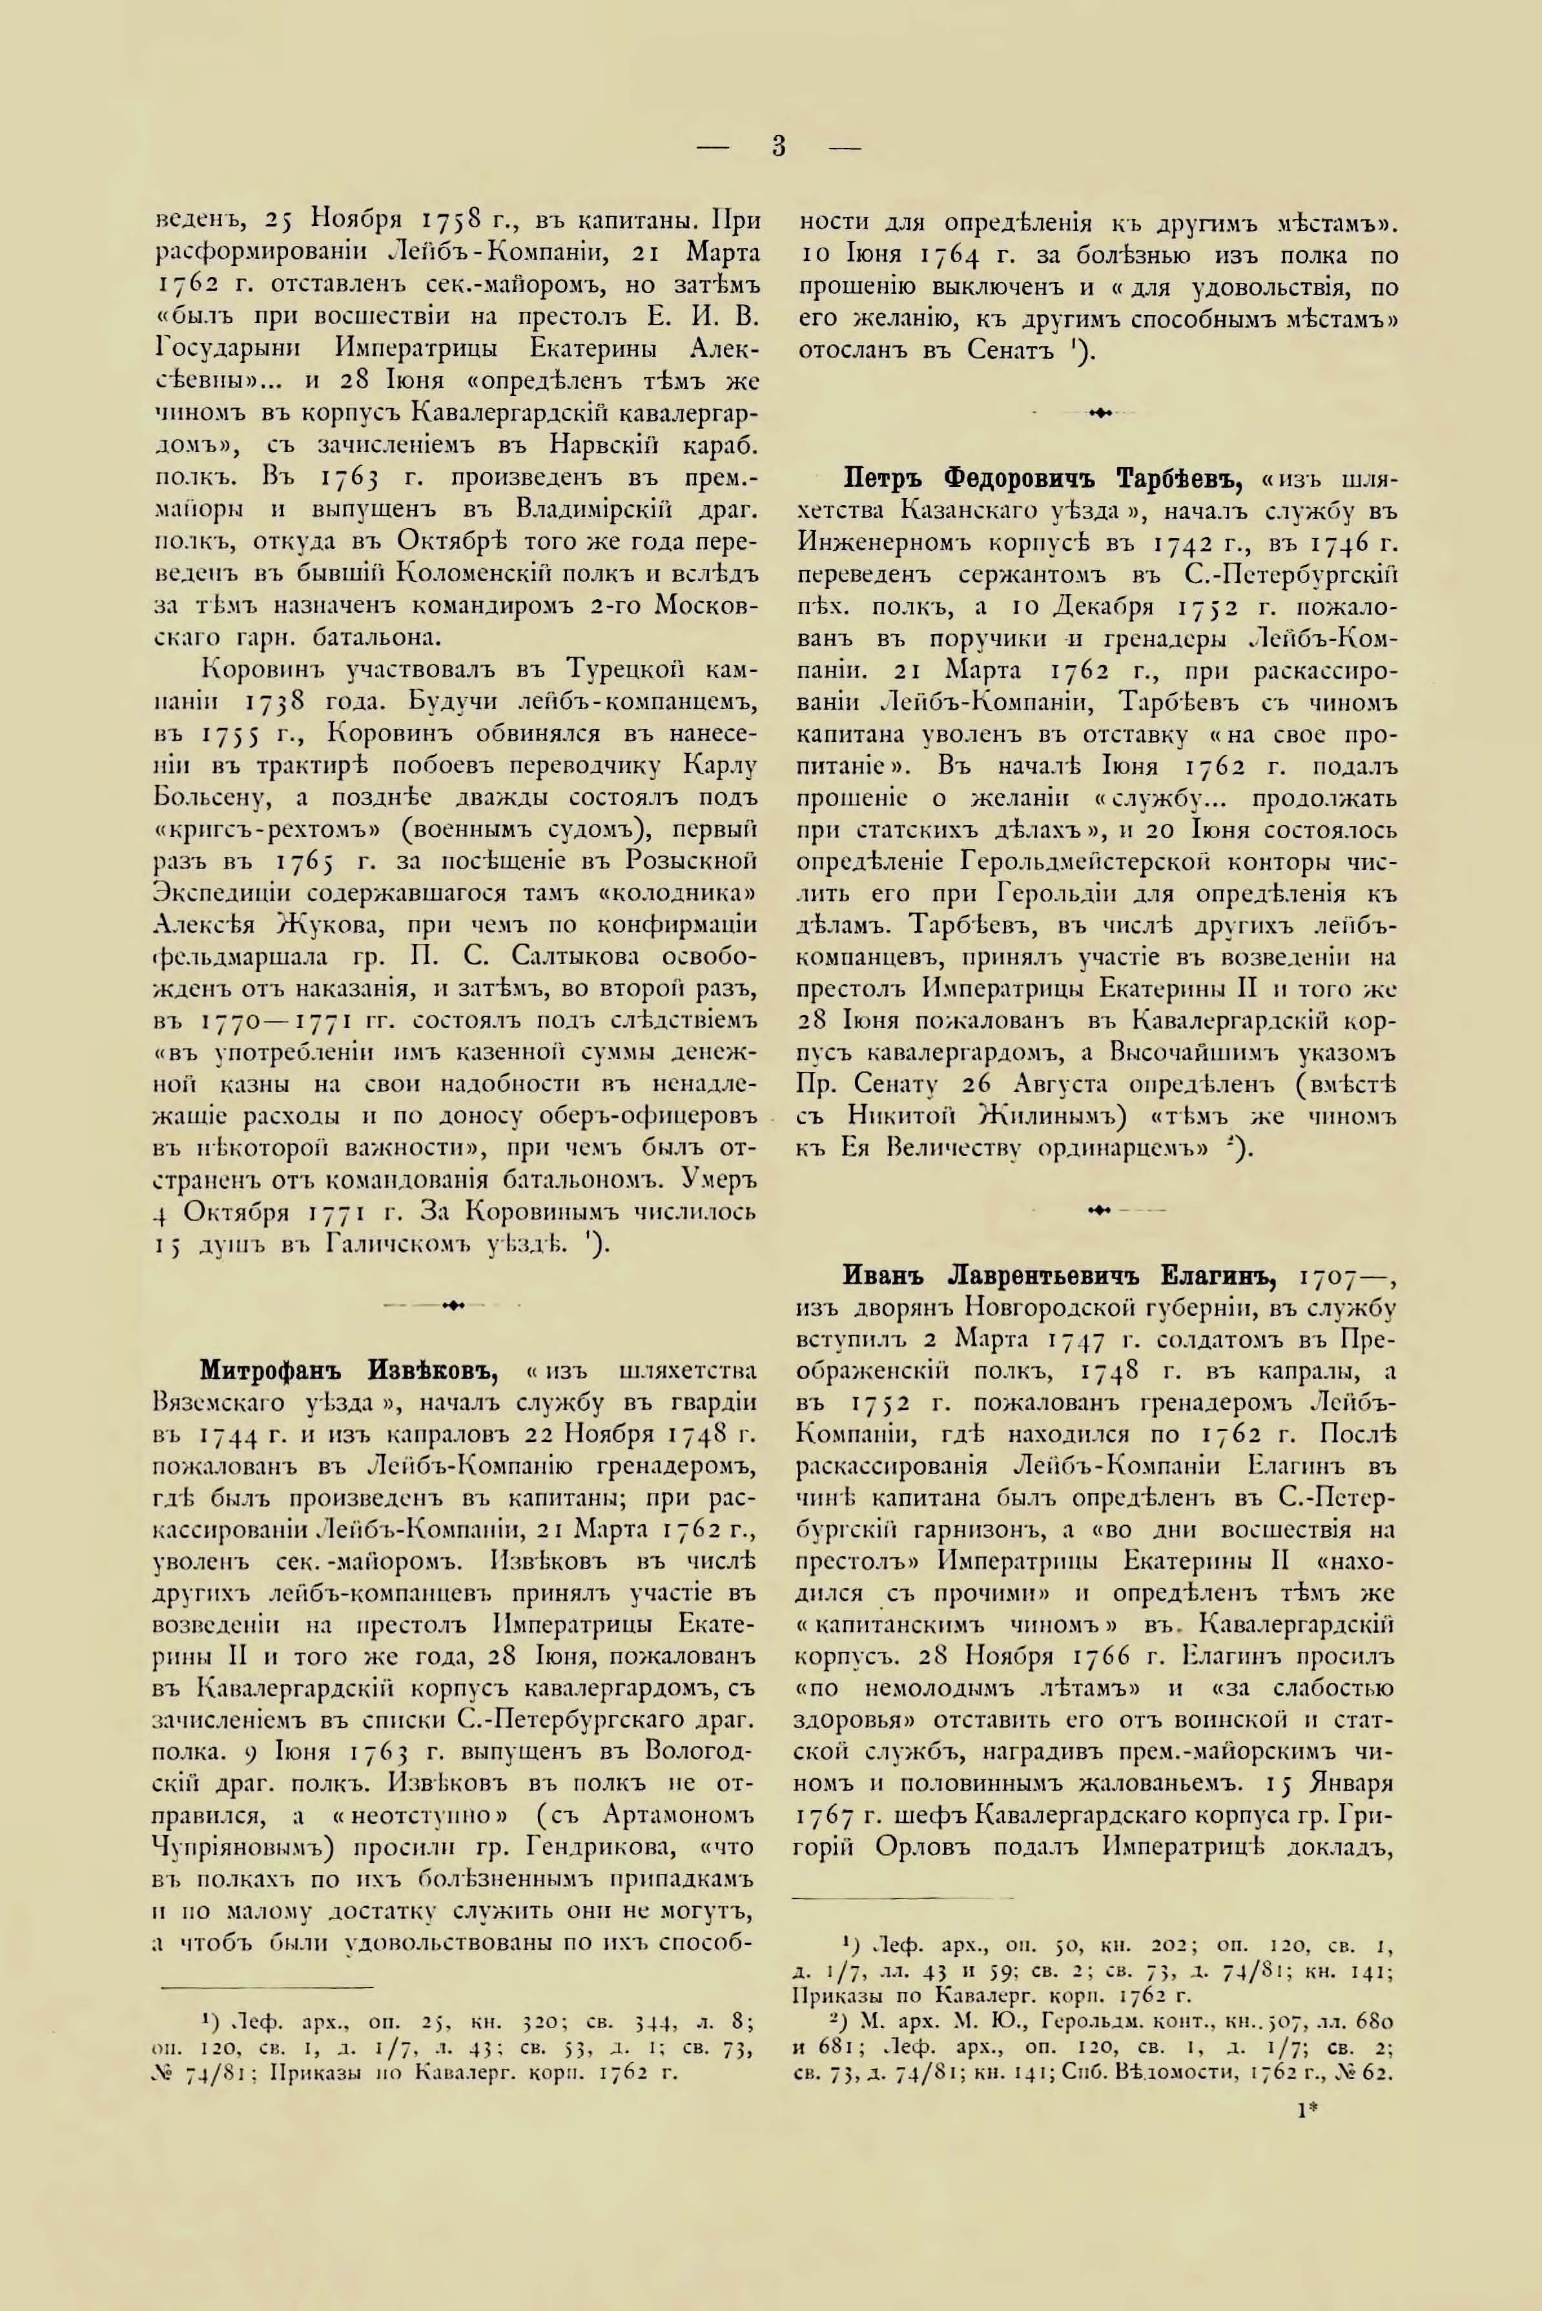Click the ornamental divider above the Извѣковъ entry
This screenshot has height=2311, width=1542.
coord(455,1306)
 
